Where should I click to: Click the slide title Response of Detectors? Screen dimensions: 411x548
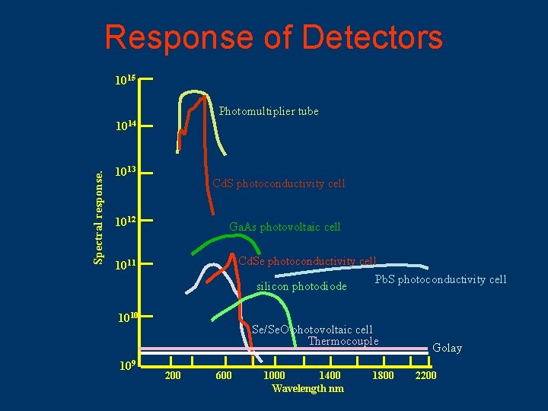point(273,37)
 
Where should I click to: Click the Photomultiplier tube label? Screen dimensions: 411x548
point(269,111)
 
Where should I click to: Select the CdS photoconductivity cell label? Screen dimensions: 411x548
point(279,183)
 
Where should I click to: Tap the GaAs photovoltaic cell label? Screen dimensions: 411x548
point(285,227)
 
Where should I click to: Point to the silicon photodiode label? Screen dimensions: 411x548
point(301,287)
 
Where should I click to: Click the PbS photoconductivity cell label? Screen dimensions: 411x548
point(441,279)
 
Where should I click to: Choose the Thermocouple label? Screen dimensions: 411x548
point(343,341)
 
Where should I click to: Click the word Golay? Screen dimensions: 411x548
point(447,348)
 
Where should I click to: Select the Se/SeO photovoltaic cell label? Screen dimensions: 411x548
point(312,330)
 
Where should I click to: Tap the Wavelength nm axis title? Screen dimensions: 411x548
point(307,389)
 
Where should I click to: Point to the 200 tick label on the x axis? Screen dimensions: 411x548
point(173,376)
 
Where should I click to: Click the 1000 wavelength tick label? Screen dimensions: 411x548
point(274,376)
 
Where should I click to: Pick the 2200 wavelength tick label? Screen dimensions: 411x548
point(425,376)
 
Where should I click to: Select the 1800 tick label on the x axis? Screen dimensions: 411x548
point(382,376)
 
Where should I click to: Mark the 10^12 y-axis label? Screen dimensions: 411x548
point(125,222)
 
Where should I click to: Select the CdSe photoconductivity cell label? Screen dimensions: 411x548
point(307,261)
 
